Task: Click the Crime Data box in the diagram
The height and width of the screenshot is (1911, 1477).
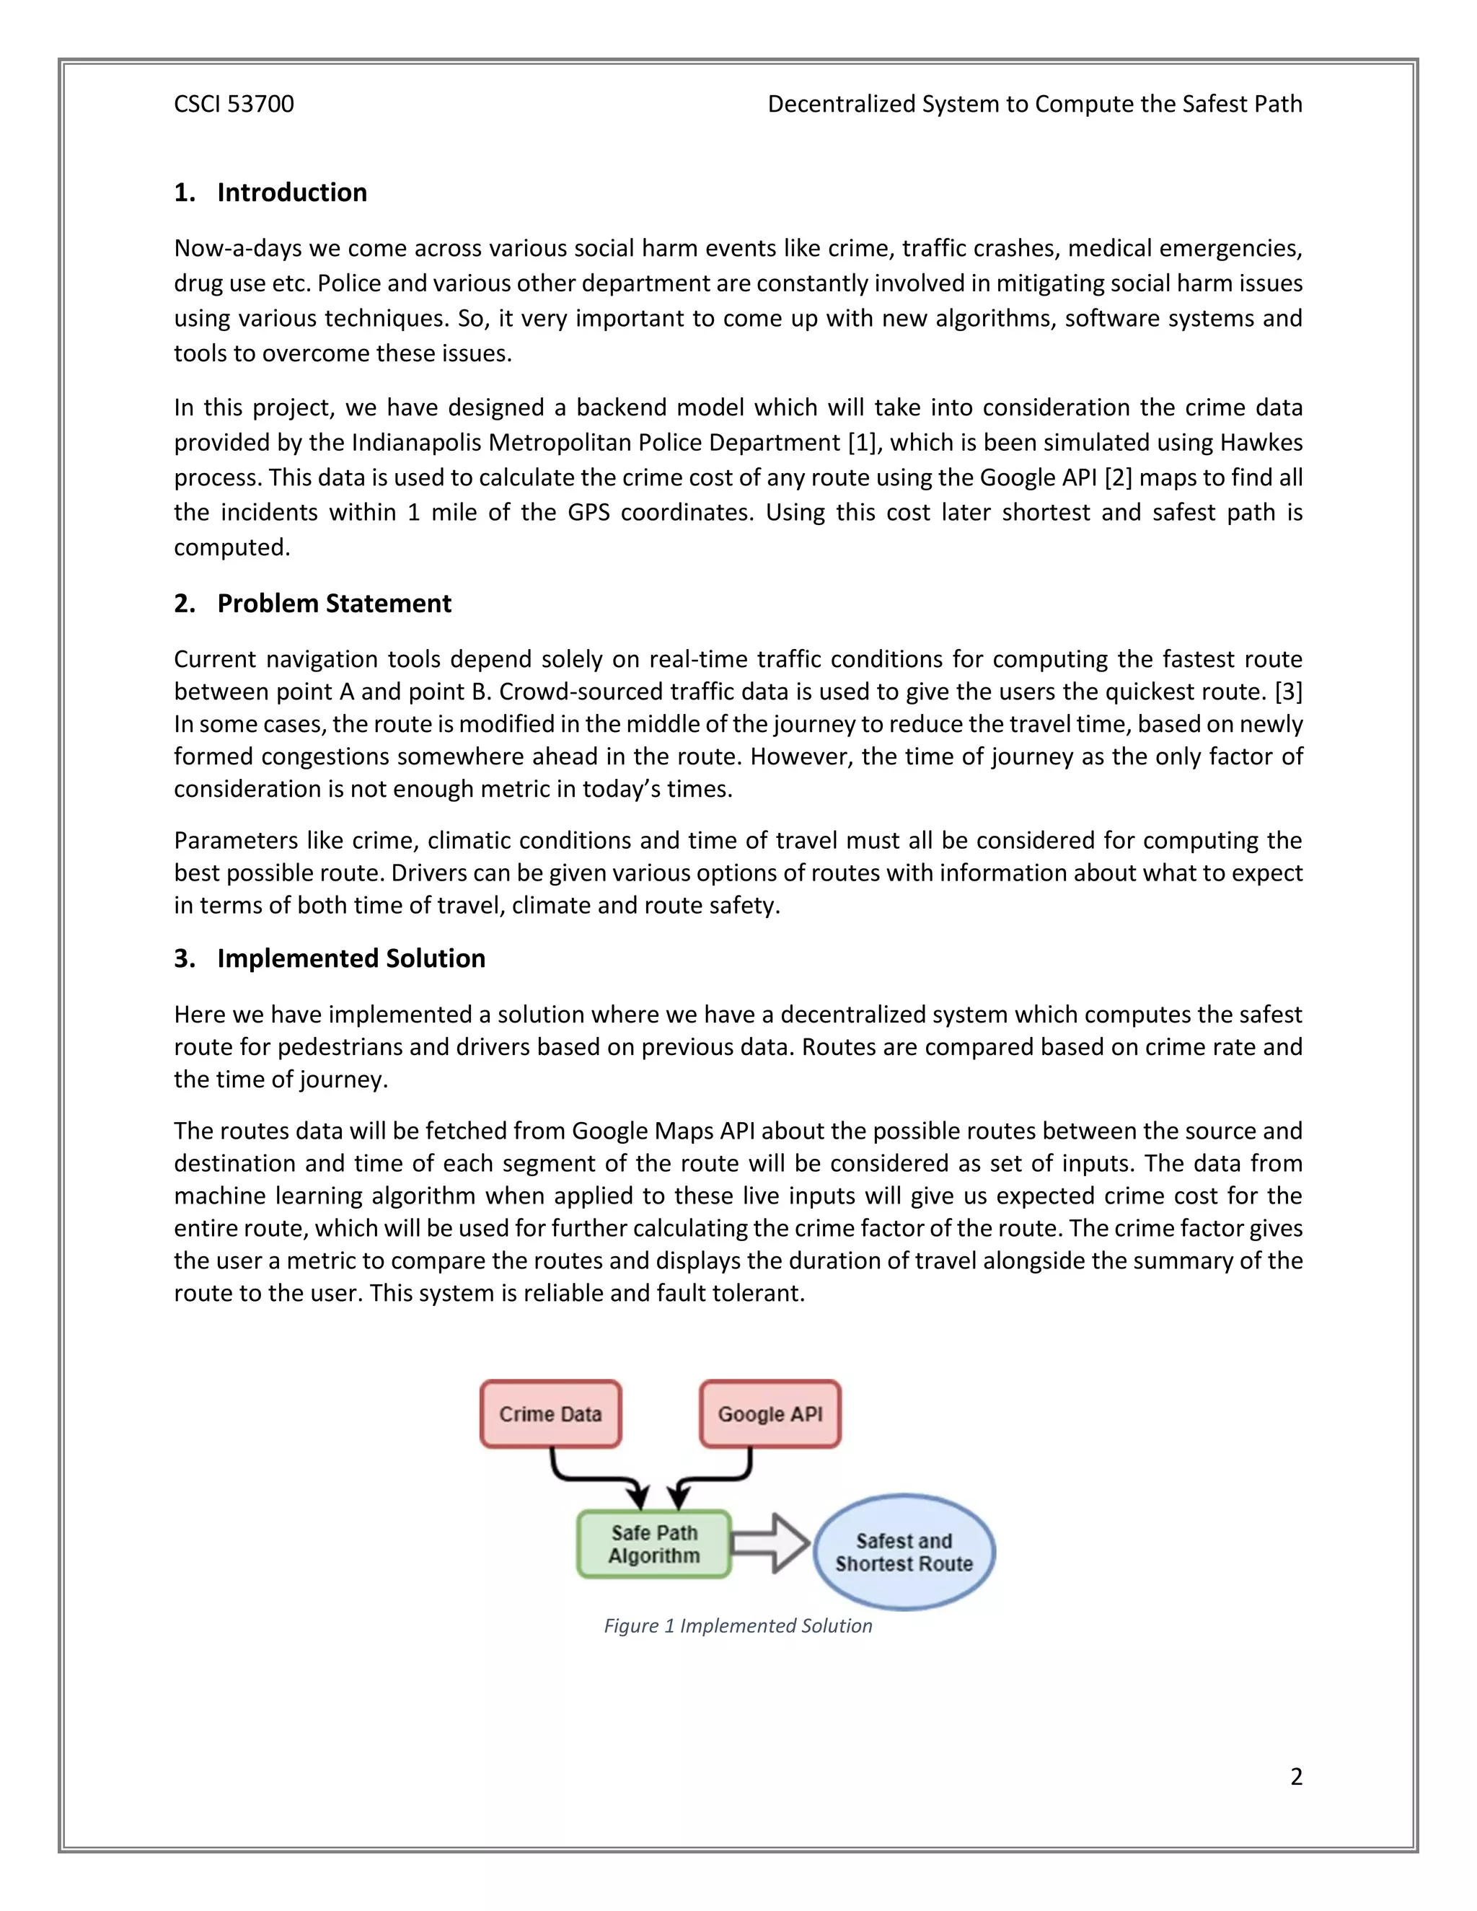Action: click(x=550, y=1414)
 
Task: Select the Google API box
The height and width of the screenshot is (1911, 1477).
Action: click(x=770, y=1414)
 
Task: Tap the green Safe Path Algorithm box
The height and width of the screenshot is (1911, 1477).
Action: click(x=653, y=1545)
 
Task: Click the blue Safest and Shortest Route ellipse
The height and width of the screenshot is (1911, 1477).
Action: click(x=904, y=1553)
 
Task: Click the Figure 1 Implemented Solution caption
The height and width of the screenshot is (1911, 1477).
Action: click(x=738, y=1625)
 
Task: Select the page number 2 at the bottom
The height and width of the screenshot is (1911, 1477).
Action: click(x=1296, y=1776)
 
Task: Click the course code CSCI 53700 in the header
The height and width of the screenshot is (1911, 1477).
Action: click(x=234, y=104)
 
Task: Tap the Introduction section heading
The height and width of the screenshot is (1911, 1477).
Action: click(x=291, y=193)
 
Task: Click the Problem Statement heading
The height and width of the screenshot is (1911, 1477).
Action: click(x=333, y=604)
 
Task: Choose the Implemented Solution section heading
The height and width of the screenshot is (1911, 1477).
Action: click(x=351, y=958)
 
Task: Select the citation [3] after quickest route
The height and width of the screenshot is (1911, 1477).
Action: click(x=1288, y=692)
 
